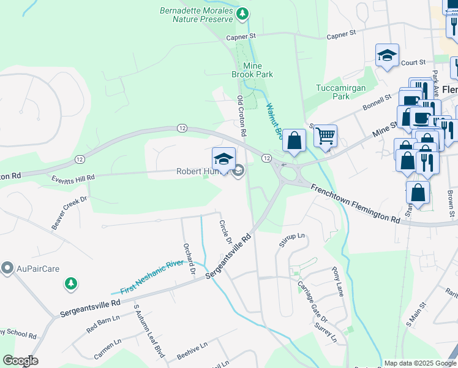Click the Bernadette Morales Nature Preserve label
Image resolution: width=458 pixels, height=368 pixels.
(x=197, y=15)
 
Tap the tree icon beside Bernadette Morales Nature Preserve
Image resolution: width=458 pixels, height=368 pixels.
(x=243, y=12)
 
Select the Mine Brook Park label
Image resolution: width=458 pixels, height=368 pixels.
(x=252, y=69)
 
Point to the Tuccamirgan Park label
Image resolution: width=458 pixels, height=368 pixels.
(x=341, y=92)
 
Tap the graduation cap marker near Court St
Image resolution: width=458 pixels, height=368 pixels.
(x=387, y=56)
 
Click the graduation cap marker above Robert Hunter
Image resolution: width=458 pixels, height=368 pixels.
(x=224, y=159)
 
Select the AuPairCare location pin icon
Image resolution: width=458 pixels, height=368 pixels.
(x=7, y=268)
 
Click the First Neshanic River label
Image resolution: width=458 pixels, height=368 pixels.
(x=151, y=275)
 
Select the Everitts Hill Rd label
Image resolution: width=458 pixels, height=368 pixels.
(x=73, y=177)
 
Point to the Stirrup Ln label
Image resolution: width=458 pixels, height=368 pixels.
(x=291, y=240)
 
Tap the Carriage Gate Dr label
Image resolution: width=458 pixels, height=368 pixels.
(x=312, y=303)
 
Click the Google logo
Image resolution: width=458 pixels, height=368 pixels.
(x=20, y=361)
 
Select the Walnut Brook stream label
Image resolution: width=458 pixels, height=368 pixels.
(x=273, y=120)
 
